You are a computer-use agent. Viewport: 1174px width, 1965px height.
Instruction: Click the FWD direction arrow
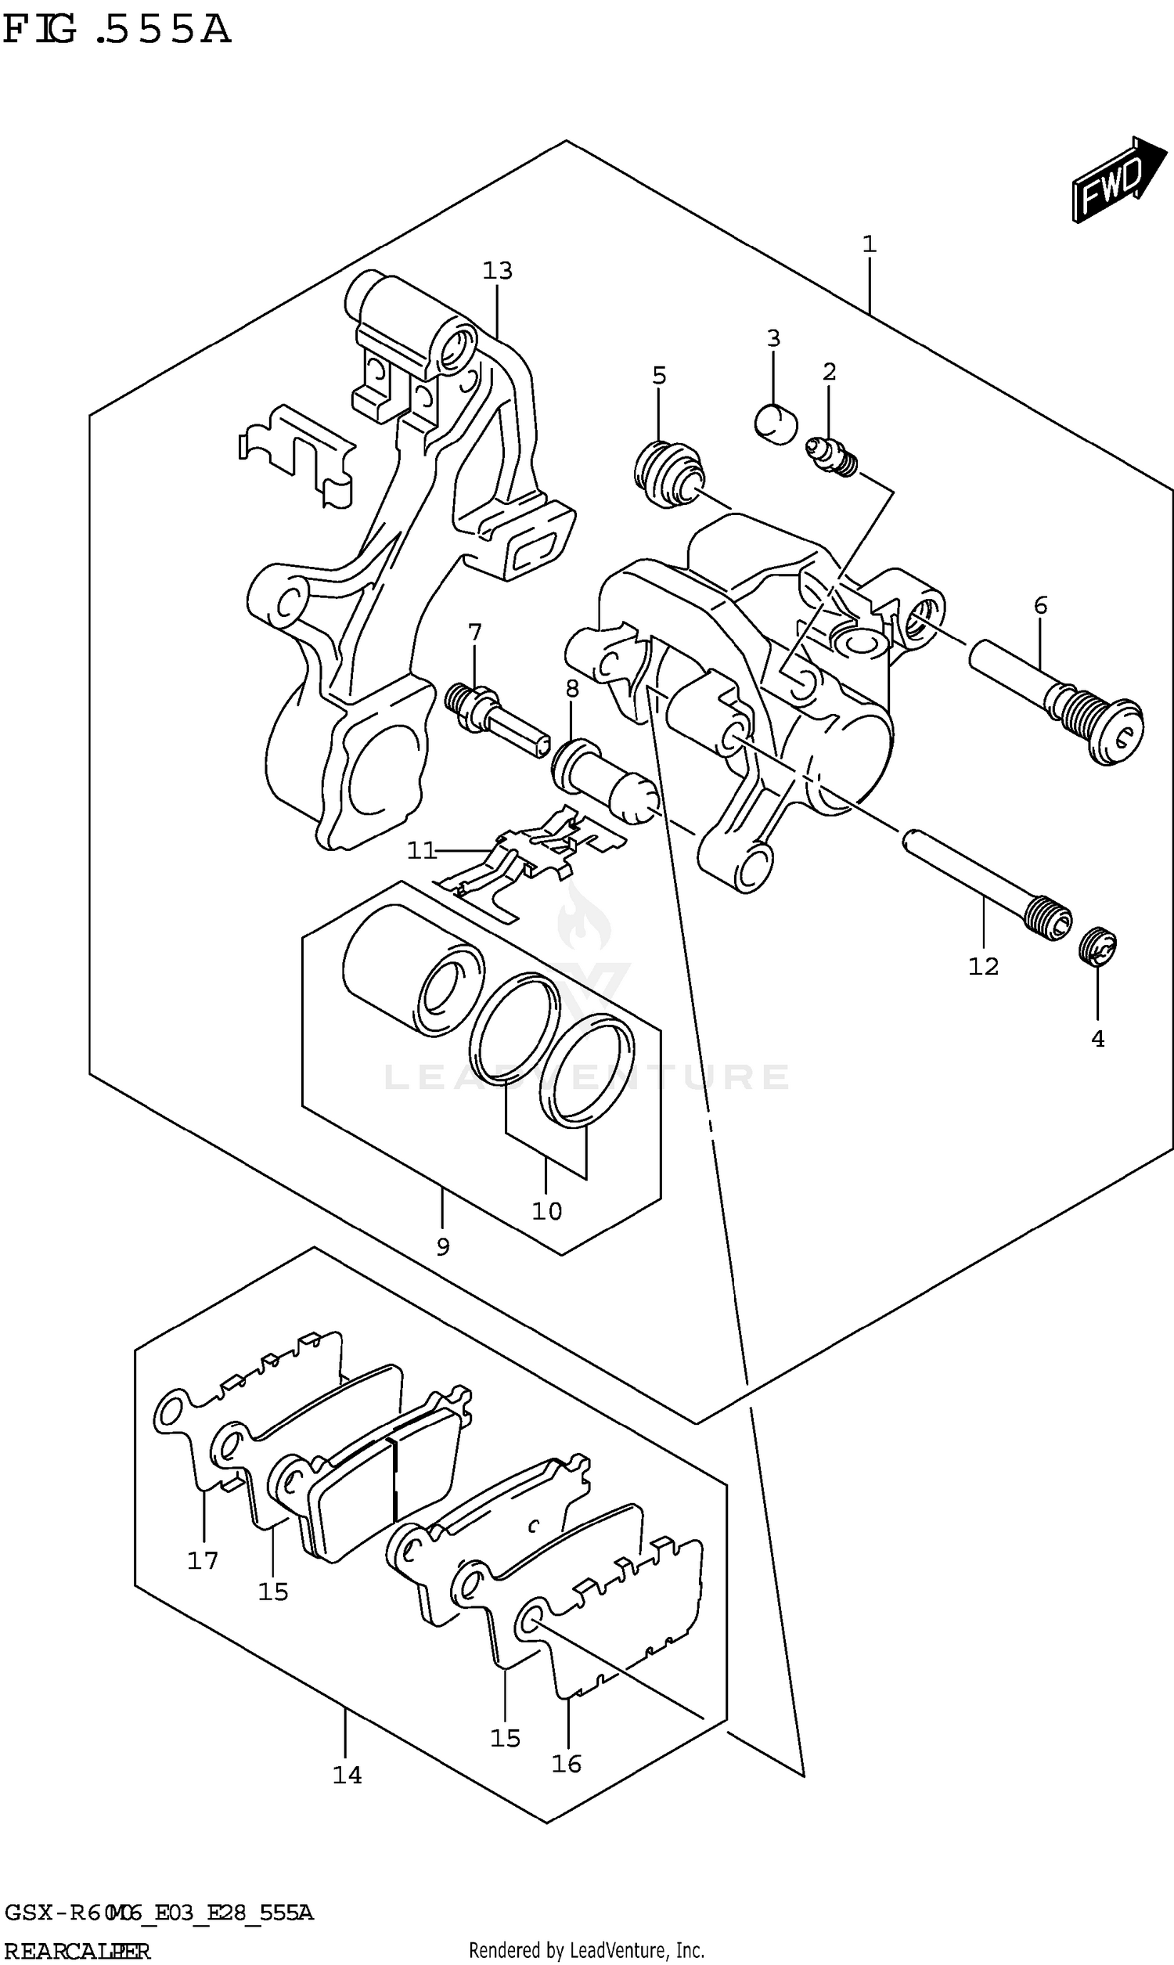pos(1118,180)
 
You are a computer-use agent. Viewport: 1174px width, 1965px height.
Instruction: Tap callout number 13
pos(498,272)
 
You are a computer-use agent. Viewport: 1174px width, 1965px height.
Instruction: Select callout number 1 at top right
pos(869,244)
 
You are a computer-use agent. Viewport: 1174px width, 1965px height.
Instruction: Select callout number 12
pos(983,966)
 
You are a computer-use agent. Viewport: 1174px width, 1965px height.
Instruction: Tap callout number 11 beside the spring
pos(422,850)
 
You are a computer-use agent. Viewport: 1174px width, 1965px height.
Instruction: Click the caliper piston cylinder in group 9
pos(412,969)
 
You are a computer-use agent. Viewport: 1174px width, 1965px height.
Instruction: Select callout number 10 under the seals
pos(546,1211)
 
